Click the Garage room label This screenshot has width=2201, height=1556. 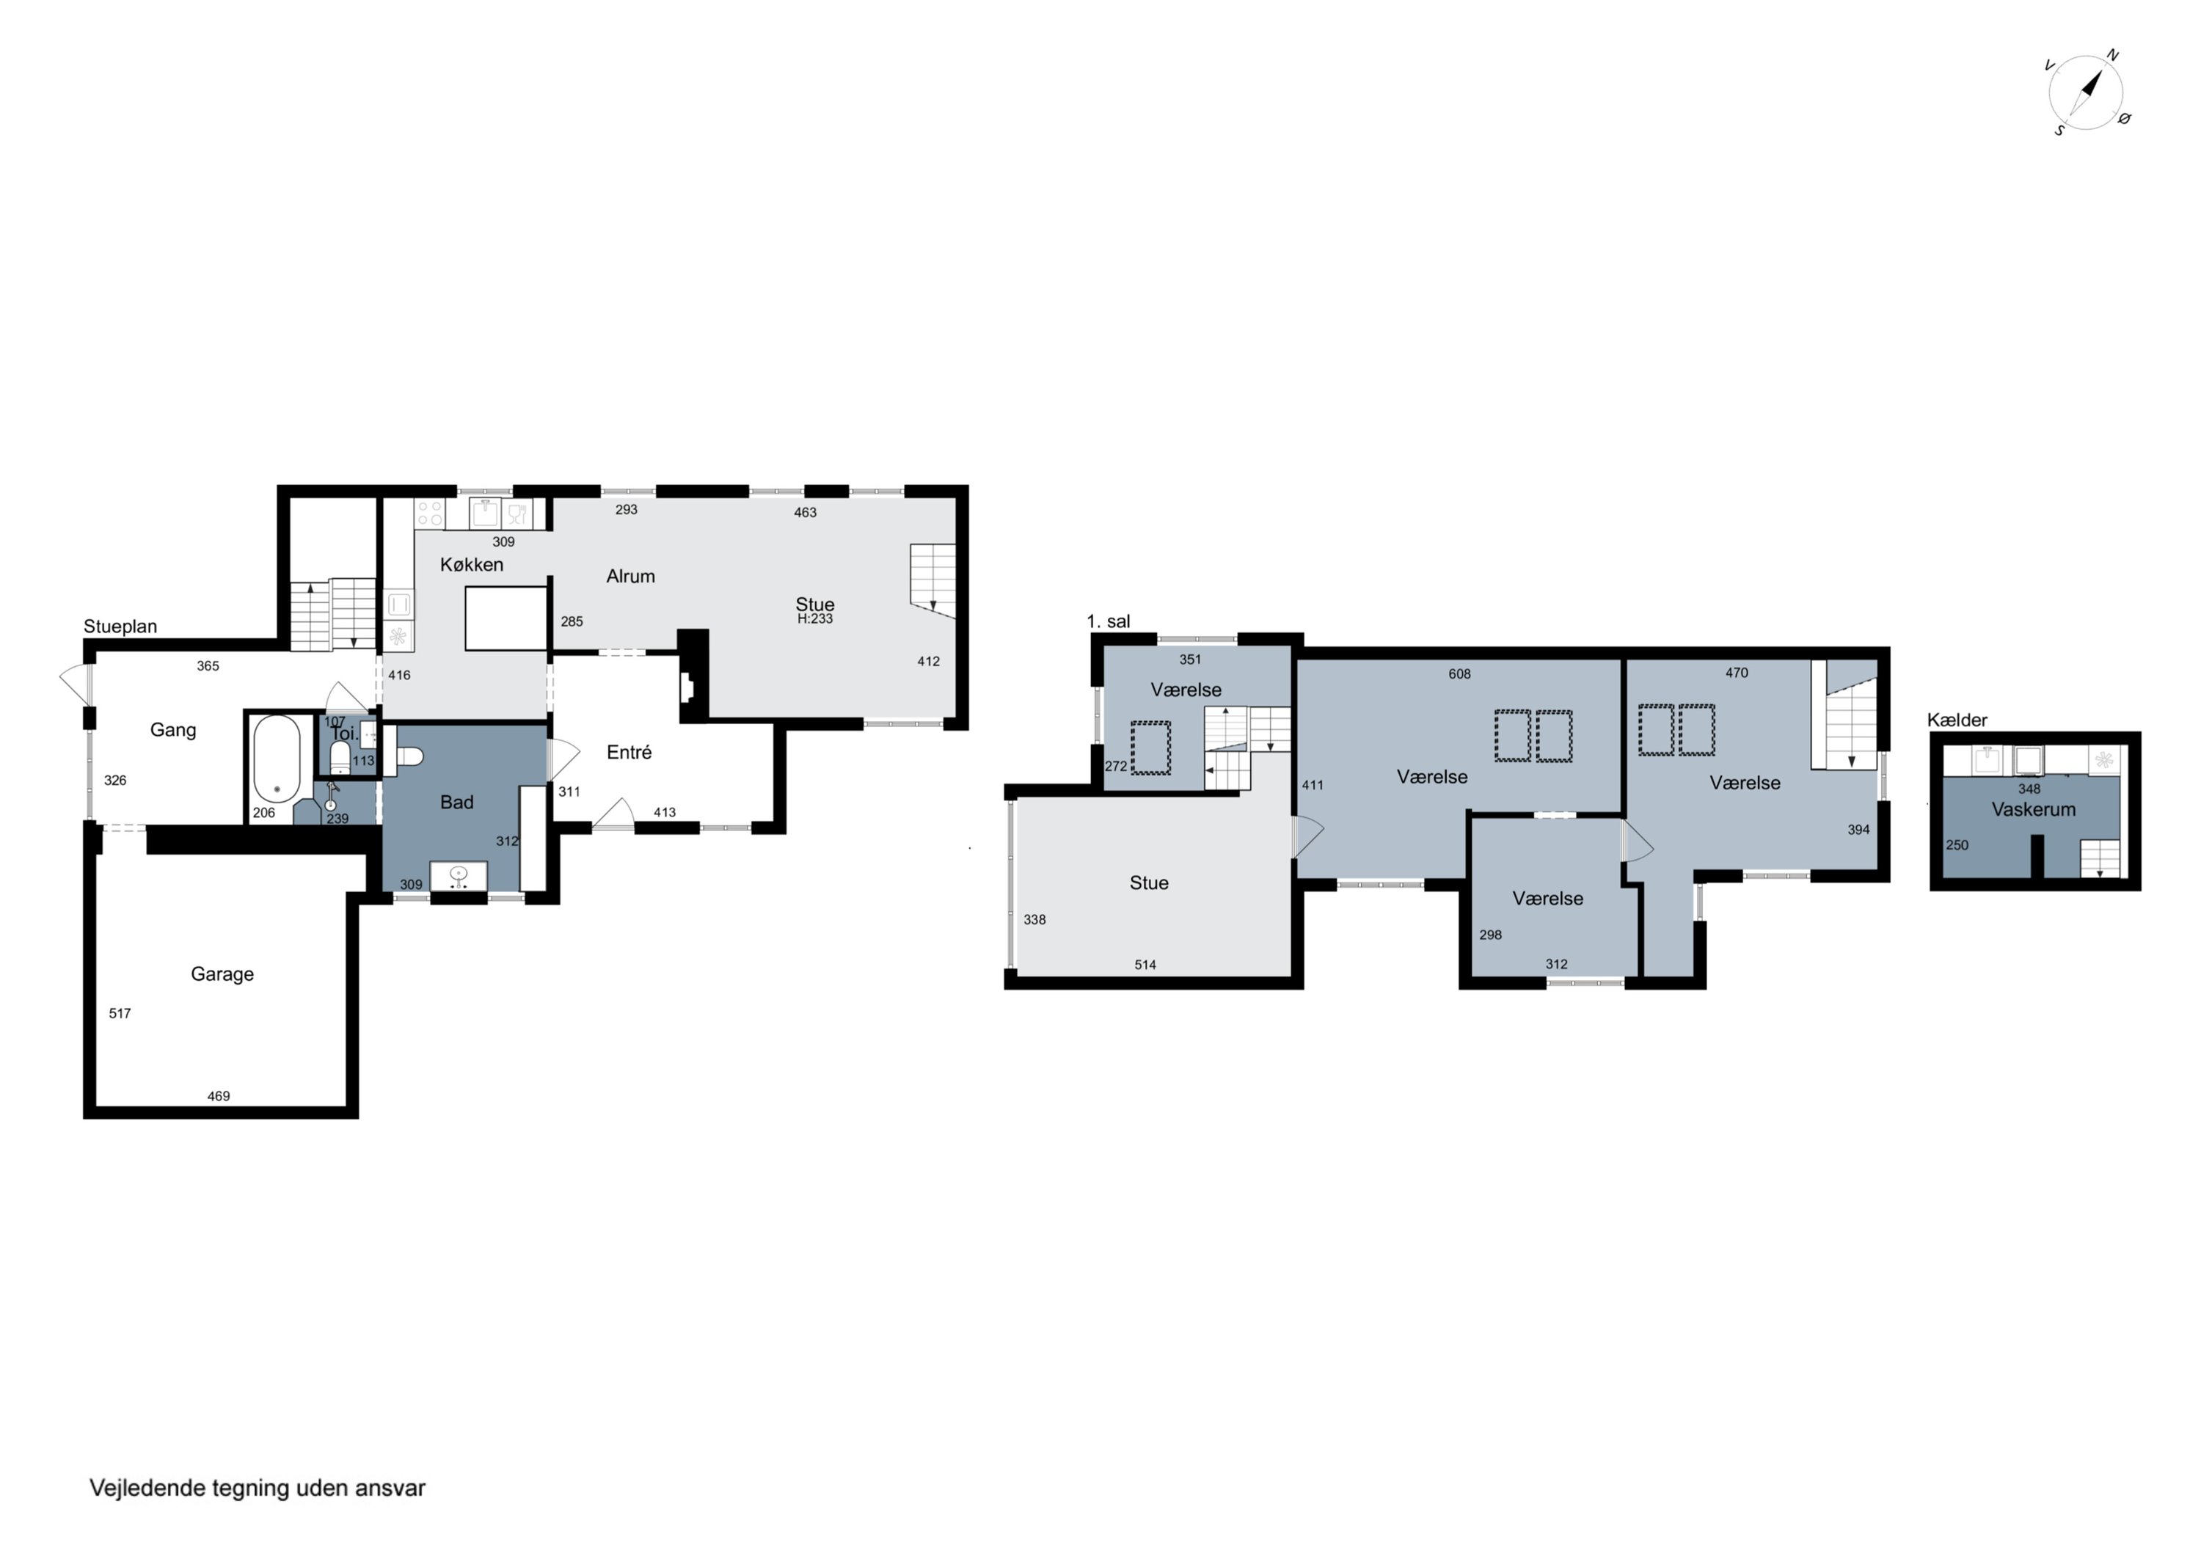222,974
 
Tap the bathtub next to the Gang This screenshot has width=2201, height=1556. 277,759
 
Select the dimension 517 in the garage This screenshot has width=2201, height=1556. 120,1013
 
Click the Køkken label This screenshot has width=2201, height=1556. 472,565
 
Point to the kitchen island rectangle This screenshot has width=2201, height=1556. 506,618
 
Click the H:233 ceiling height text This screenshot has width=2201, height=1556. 815,619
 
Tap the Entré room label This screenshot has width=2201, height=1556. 629,753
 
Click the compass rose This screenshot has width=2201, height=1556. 2086,94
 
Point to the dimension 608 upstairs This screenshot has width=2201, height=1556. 1459,674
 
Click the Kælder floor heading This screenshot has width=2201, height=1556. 1957,720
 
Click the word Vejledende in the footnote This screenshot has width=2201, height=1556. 147,1488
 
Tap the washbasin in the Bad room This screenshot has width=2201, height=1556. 459,876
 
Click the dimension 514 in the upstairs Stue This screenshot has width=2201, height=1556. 1145,965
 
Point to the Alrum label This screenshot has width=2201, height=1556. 631,576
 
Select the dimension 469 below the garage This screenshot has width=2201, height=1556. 219,1096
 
